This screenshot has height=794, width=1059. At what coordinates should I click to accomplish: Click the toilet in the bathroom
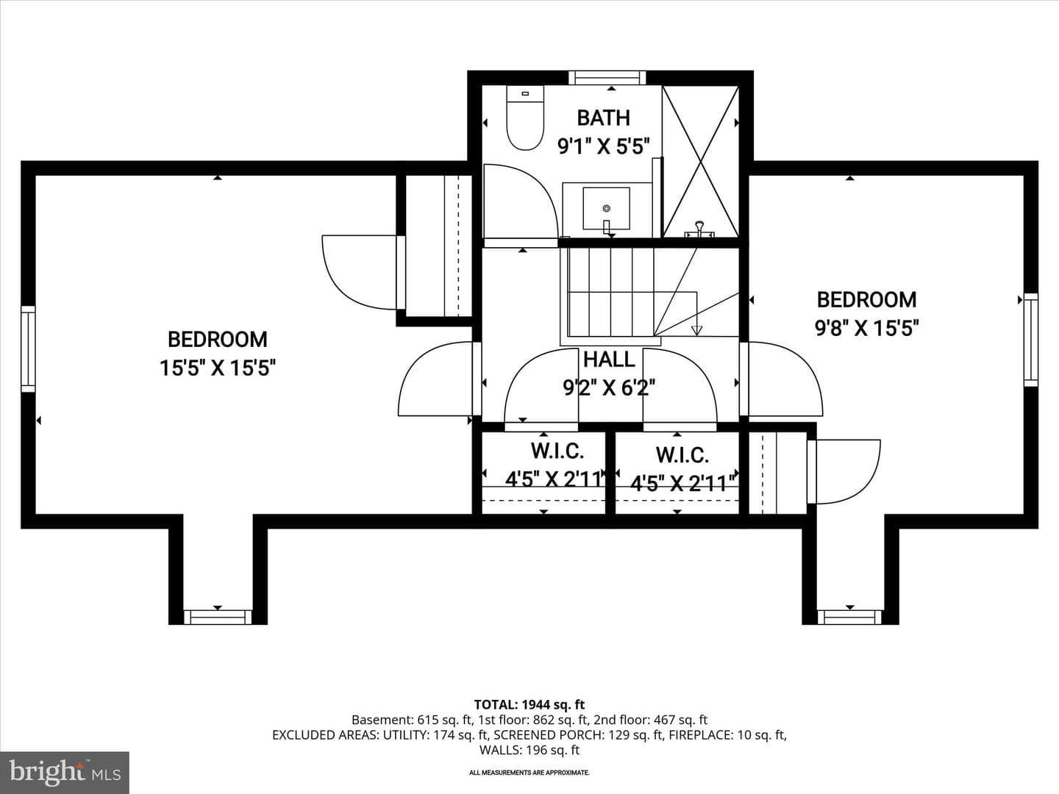pyautogui.click(x=525, y=118)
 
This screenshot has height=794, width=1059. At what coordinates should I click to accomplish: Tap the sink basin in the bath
pyautogui.click(x=607, y=208)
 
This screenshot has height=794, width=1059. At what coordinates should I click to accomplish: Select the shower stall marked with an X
pyautogui.click(x=701, y=161)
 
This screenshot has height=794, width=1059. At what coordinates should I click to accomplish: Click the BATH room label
pyautogui.click(x=604, y=118)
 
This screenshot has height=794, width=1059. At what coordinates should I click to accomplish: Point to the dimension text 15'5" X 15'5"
pyautogui.click(x=218, y=369)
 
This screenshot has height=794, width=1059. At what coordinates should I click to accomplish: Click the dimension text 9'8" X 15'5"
pyautogui.click(x=866, y=329)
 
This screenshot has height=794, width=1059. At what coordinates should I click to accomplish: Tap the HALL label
pyautogui.click(x=609, y=360)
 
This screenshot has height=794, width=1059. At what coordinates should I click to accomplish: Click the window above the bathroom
pyautogui.click(x=607, y=78)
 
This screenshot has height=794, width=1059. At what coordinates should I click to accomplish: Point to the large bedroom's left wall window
pyautogui.click(x=28, y=348)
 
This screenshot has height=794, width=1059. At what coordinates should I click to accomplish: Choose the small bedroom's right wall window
pyautogui.click(x=1031, y=340)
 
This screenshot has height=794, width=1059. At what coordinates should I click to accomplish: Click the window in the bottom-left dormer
pyautogui.click(x=218, y=617)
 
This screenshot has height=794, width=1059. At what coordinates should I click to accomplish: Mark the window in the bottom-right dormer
pyautogui.click(x=849, y=617)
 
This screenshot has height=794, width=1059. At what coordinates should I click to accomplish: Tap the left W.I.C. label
pyautogui.click(x=557, y=451)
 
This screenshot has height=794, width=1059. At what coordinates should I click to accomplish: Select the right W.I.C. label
pyautogui.click(x=682, y=455)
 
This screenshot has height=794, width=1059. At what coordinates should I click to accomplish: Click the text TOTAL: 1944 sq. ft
pyautogui.click(x=529, y=705)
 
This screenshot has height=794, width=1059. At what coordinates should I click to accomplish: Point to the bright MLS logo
pyautogui.click(x=65, y=772)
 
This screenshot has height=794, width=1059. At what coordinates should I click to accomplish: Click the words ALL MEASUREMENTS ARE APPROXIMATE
pyautogui.click(x=529, y=773)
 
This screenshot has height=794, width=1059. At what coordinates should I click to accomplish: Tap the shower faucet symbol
pyautogui.click(x=699, y=229)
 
